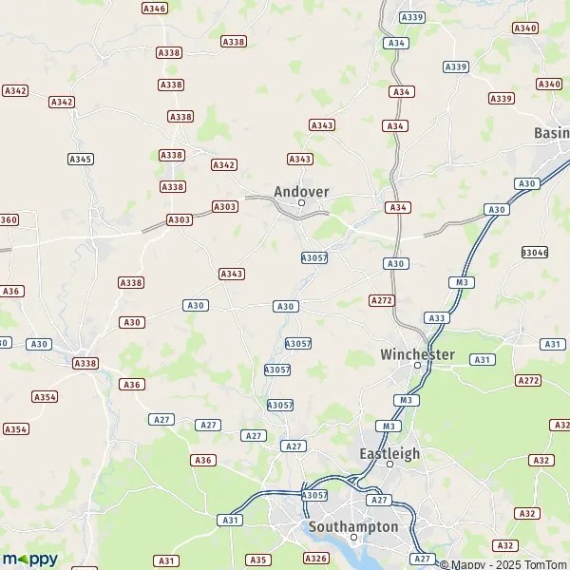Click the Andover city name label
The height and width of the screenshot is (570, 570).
(x=301, y=191)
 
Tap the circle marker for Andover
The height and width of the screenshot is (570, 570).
(x=301, y=202)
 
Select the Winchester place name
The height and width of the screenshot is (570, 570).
(x=417, y=354)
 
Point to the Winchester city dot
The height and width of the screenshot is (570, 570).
(x=417, y=366)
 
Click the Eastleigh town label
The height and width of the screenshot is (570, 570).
(x=389, y=453)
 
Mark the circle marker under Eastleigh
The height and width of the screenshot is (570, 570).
(x=389, y=465)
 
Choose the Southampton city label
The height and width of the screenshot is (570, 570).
(x=353, y=525)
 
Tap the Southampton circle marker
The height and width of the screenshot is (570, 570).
(x=353, y=537)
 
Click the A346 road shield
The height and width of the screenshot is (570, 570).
(x=154, y=9)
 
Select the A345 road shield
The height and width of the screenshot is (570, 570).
(x=81, y=159)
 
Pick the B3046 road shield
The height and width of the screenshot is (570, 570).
(x=535, y=252)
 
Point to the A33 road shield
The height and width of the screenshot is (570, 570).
(x=436, y=318)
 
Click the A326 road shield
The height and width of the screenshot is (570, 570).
(x=315, y=558)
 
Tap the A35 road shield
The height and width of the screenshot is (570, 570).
(x=257, y=560)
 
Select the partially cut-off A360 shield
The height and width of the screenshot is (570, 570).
(x=8, y=219)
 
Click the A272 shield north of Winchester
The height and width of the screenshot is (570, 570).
(x=381, y=300)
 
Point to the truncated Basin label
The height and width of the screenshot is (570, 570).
(x=551, y=133)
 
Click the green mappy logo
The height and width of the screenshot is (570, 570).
(x=29, y=559)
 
